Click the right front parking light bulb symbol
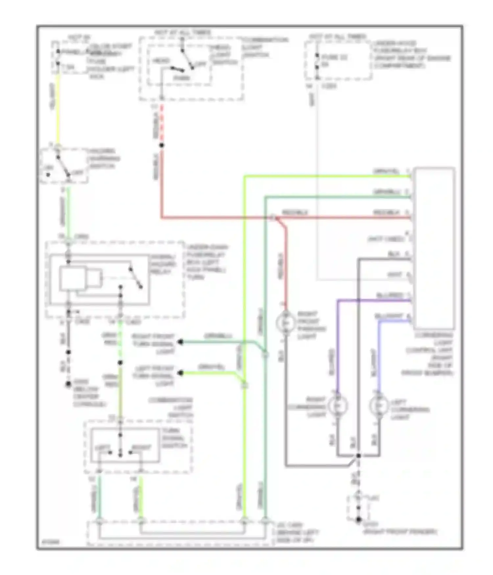pyautogui.click(x=286, y=323)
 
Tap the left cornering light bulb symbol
pyautogui.click(x=379, y=406)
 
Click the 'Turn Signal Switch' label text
pyautogui.click(x=175, y=438)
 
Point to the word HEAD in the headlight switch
pyautogui.click(x=161, y=61)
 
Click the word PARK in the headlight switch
pyautogui.click(x=181, y=78)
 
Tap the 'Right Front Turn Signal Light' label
pyautogui.click(x=153, y=344)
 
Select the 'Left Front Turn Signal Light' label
pyautogui.click(x=154, y=376)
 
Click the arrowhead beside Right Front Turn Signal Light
pyautogui.click(x=180, y=342)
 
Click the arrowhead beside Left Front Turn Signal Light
pyautogui.click(x=180, y=373)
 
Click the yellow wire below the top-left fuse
pyautogui.click(x=58, y=108)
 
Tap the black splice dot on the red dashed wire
pyautogui.click(x=162, y=145)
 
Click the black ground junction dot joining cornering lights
pyautogui.click(x=359, y=456)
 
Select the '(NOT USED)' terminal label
pyautogui.click(x=386, y=239)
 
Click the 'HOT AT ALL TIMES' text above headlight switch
pyautogui.click(x=183, y=33)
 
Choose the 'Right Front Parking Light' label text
pyautogui.click(x=311, y=325)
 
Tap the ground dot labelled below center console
pyautogui.click(x=68, y=384)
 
